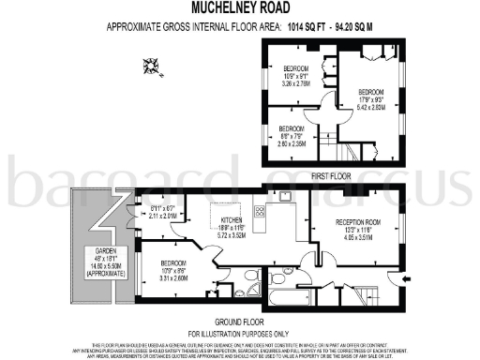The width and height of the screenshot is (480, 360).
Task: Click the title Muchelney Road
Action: pos(239,7)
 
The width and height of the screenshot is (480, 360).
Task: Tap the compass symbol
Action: pos(149,66)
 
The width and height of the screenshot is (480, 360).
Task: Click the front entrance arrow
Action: pos(406,278)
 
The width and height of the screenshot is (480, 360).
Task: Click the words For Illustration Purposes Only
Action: pos(239,334)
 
